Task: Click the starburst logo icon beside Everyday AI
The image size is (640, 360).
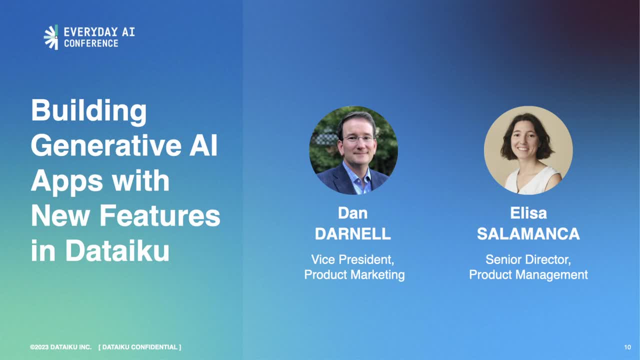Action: (x=51, y=37)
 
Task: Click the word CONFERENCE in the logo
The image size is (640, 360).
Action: (x=91, y=43)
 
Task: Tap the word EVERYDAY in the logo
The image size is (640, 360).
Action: (x=91, y=31)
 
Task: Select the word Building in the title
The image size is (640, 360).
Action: (x=89, y=111)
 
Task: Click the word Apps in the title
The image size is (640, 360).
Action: (x=67, y=182)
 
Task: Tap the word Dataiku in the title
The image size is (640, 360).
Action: (x=117, y=251)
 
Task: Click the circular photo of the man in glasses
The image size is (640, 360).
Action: (x=353, y=150)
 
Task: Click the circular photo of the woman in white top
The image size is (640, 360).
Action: (x=528, y=150)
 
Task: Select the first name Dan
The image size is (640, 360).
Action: (x=353, y=213)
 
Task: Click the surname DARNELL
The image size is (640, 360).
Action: (x=353, y=234)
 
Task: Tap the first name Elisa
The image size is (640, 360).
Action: (x=528, y=213)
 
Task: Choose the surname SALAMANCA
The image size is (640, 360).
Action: (x=528, y=234)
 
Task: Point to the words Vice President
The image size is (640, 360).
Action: (x=353, y=259)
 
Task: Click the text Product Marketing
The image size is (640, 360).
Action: (x=354, y=275)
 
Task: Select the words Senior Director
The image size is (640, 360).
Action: (x=528, y=259)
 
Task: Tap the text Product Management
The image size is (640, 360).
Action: (x=528, y=275)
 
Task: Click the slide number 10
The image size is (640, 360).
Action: (x=627, y=347)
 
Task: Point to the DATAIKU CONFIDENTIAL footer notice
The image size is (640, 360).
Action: (x=139, y=347)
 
